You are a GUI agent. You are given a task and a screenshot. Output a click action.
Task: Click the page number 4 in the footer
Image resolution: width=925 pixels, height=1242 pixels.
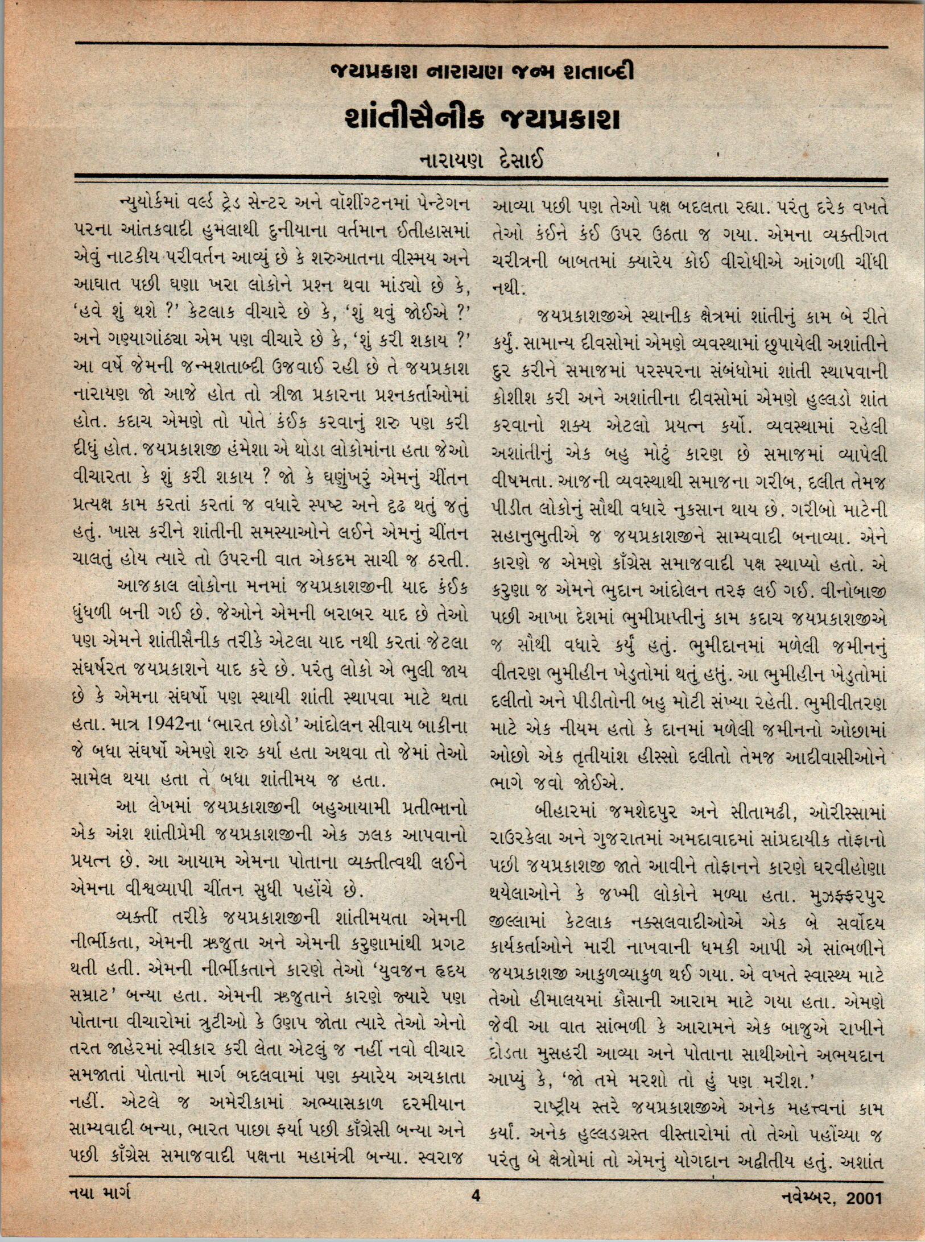[476, 1195]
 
